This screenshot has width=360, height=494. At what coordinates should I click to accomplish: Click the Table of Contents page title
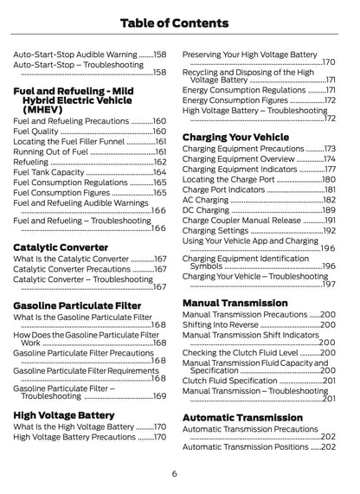coord(180,22)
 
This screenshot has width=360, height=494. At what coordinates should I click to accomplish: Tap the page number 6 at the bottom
coord(175,473)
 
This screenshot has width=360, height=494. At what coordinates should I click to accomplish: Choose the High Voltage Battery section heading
coord(64,414)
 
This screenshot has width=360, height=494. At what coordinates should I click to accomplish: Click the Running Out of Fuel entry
coord(52,151)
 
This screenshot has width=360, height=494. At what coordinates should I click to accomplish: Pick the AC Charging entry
coord(208,200)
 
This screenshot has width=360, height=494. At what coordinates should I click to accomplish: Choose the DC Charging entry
coord(208,210)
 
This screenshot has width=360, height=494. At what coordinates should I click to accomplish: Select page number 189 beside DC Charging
coord(329,210)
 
